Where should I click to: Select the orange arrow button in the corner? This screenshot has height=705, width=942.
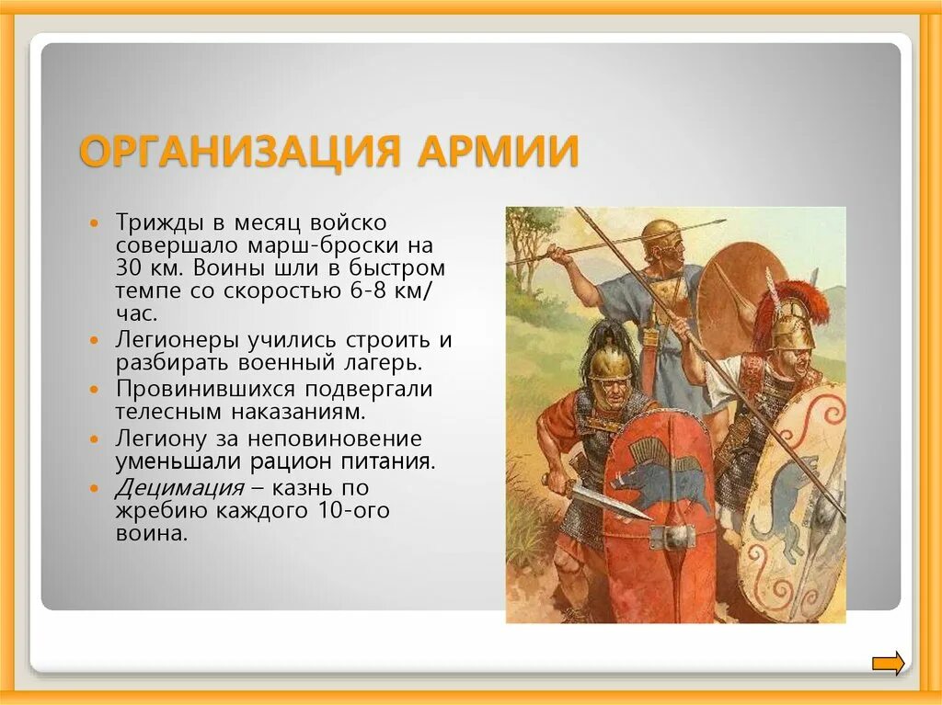coord(888,663)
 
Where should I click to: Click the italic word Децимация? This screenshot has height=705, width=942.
coord(179,487)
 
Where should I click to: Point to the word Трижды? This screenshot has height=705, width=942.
coord(161,222)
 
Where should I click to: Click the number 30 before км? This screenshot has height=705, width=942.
coord(127,267)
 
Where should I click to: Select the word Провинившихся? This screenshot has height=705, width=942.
coord(205,390)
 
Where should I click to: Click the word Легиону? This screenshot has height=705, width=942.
coord(161,439)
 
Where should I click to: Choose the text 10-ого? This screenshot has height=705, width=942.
coord(349,510)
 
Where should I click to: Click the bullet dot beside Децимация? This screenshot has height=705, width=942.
coord(94,488)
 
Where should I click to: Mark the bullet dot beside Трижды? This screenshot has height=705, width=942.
coord(94,223)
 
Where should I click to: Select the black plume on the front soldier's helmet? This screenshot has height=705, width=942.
coord(608,341)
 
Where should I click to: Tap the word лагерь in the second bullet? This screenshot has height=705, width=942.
coord(387,363)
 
